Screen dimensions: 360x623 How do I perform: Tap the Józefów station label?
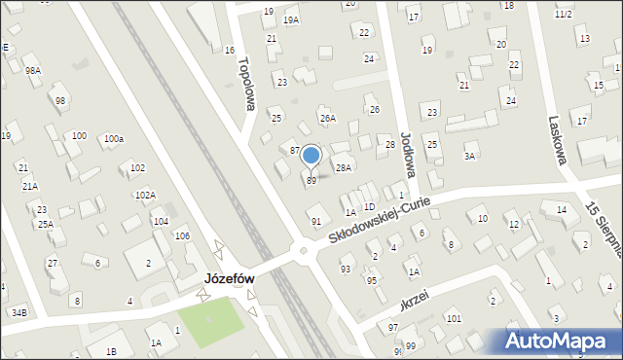click(x=229, y=278)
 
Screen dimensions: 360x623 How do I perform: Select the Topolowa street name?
click(x=244, y=83)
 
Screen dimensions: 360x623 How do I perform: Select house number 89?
click(x=311, y=180)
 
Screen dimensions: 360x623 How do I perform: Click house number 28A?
click(x=343, y=167)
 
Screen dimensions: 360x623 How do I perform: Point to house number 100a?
click(x=114, y=139)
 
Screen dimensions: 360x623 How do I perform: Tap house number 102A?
click(x=145, y=195)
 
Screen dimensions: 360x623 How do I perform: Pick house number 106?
click(x=182, y=236)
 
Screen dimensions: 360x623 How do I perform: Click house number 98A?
click(x=33, y=71)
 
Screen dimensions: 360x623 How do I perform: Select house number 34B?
click(x=19, y=312)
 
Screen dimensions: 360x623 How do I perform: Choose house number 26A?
click(x=328, y=119)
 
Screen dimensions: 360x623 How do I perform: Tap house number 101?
click(x=453, y=318)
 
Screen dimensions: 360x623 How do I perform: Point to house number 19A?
click(x=291, y=19)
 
